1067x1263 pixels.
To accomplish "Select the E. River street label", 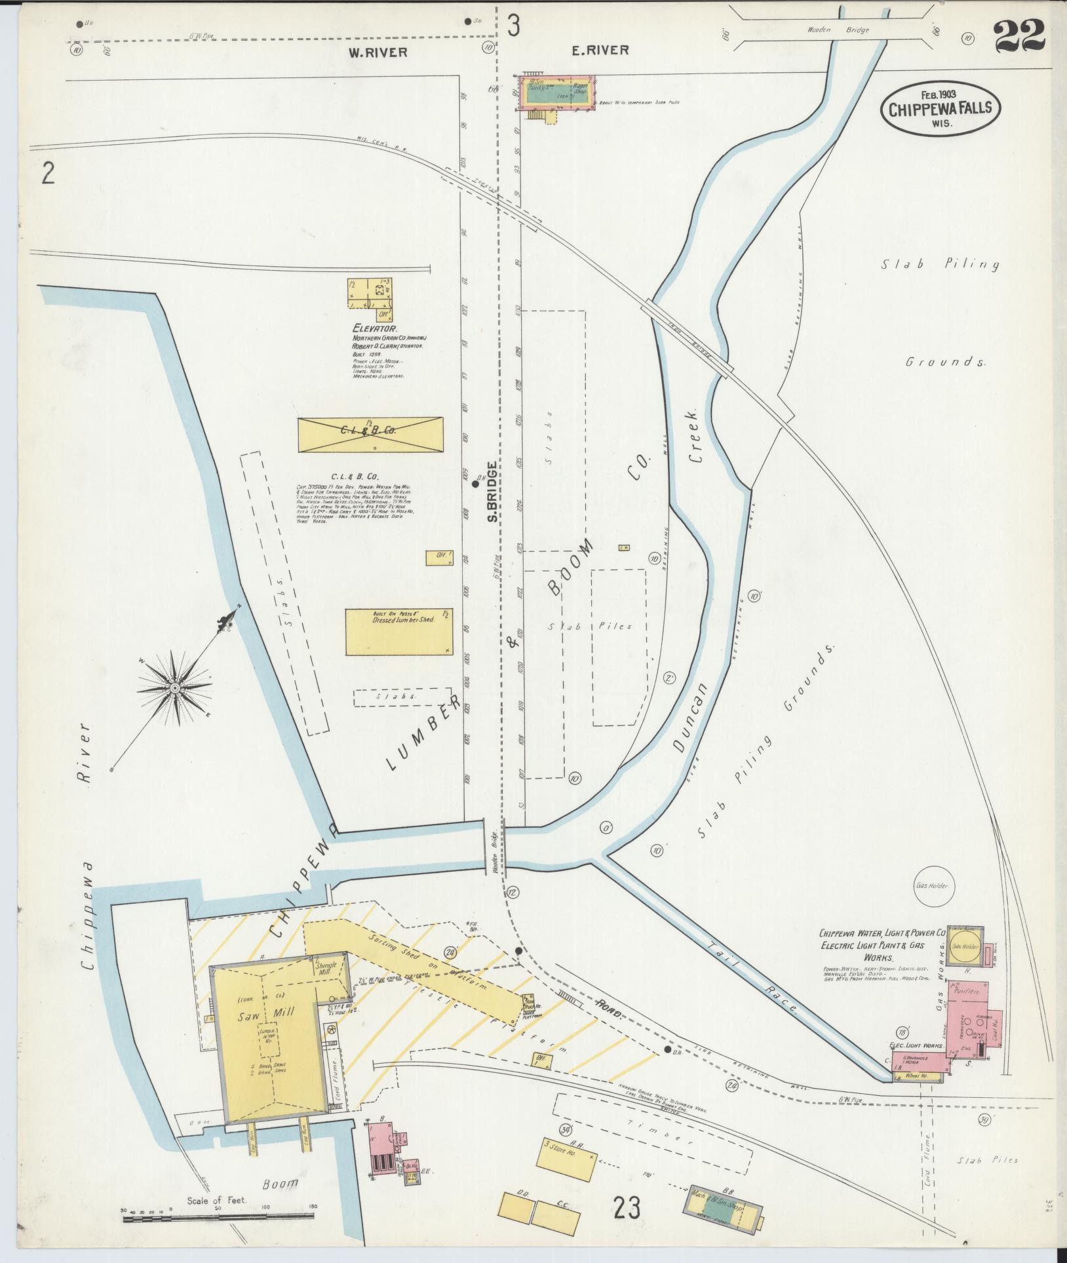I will click(x=600, y=50).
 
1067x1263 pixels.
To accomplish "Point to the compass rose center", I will click(x=175, y=688).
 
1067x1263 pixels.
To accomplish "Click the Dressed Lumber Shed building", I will click(x=399, y=632).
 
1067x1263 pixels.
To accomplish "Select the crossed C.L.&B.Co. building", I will click(x=370, y=434).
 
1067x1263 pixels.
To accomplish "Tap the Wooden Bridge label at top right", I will click(x=828, y=29).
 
